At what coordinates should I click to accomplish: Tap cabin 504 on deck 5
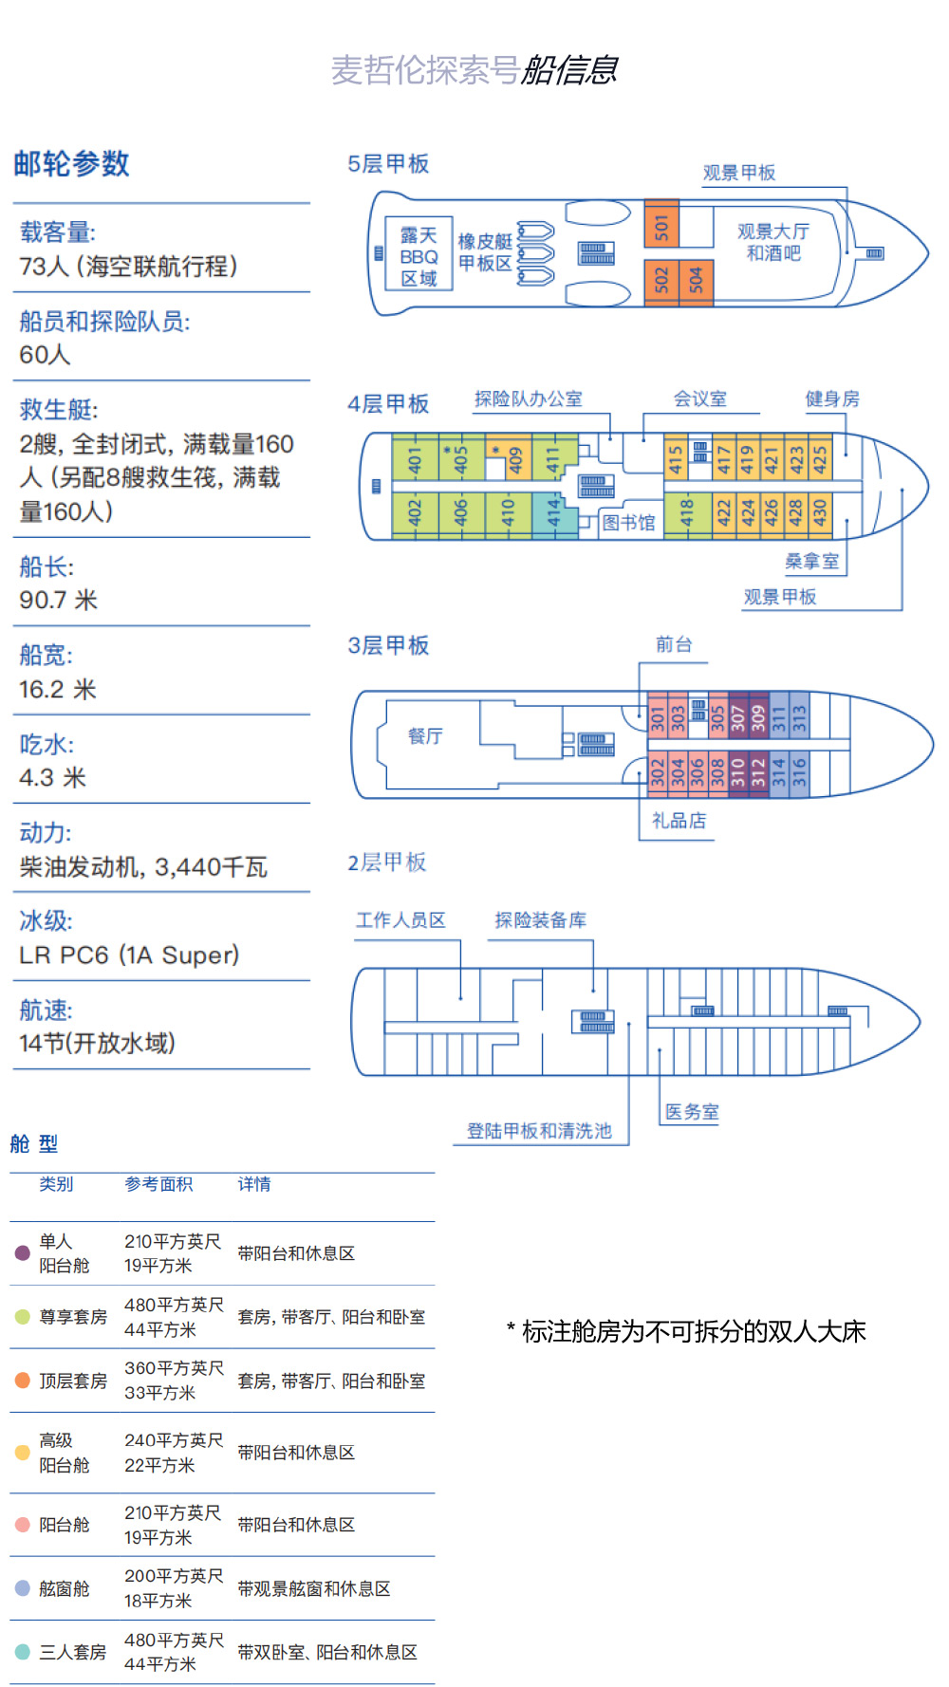[x=696, y=280]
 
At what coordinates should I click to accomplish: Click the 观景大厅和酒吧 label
[x=773, y=242]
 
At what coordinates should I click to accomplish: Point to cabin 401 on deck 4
[x=415, y=460]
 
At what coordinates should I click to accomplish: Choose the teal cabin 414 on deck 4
[x=554, y=514]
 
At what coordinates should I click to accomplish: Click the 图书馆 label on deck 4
[x=628, y=522]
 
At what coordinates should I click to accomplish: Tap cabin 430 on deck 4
[x=820, y=513]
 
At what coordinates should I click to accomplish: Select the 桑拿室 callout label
[x=812, y=562]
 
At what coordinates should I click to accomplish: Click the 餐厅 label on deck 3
[x=425, y=735]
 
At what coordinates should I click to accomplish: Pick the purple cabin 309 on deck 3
[x=758, y=716]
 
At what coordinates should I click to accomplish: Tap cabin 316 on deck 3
[x=799, y=772]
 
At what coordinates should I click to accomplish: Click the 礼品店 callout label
[x=679, y=821]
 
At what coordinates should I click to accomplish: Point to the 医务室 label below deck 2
[x=692, y=1112]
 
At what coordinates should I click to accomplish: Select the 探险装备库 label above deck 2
[x=541, y=919]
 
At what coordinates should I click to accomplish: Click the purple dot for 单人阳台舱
[x=23, y=1252]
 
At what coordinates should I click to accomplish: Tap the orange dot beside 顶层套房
[x=23, y=1380]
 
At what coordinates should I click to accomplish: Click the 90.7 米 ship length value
[x=59, y=600]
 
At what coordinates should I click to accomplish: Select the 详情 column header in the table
[x=254, y=1184]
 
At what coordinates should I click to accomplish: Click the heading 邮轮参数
[x=71, y=163]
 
